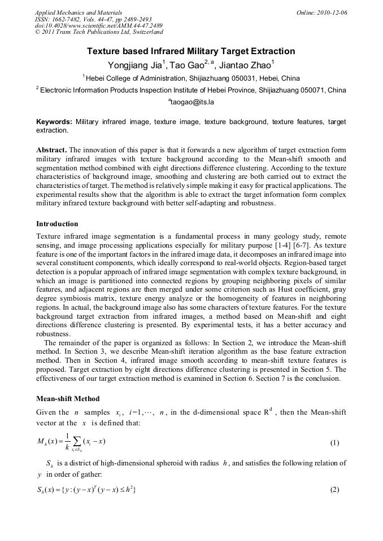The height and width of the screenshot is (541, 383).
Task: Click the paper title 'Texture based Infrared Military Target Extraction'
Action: point(191,51)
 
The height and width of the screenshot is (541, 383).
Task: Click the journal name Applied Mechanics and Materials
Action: point(79,12)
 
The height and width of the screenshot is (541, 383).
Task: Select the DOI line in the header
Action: point(99,26)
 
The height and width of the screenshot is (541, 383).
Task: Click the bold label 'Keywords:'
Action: point(54,122)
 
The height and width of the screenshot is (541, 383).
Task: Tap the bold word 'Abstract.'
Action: point(51,150)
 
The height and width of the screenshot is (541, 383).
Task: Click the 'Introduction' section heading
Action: point(57,224)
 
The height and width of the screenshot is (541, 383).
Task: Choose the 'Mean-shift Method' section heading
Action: point(68,399)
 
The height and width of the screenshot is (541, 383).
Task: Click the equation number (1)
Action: point(334,443)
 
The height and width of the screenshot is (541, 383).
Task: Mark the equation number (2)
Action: point(334,490)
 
